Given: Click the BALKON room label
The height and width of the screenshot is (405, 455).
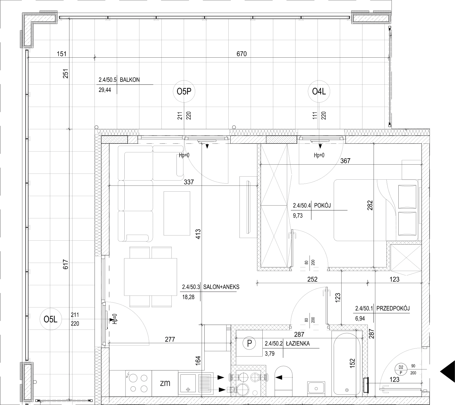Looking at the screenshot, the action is tap(130, 80).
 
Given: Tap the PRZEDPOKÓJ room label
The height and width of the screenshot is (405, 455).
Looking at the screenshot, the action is tap(393, 308).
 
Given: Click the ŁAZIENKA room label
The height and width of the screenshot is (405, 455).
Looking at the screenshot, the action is tap(297, 344).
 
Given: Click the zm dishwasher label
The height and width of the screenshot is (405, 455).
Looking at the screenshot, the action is tap(165, 383).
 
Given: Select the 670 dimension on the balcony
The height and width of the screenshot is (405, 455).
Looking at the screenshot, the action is tap(242, 54).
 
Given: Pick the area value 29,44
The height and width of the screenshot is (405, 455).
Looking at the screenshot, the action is tap(105, 90).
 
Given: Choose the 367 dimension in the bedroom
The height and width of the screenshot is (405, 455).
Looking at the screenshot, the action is tap(345, 161).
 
